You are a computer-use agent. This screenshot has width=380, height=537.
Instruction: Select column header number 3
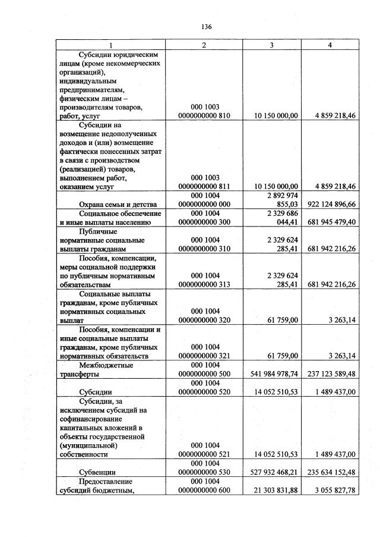tap(271, 45)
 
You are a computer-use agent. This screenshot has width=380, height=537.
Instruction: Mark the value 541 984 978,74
tap(271, 374)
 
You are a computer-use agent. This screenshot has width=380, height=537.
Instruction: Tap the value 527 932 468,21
tap(271, 472)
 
